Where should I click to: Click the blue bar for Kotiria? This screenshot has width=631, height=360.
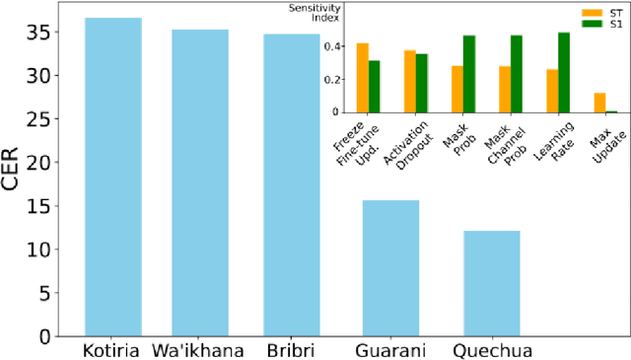113,178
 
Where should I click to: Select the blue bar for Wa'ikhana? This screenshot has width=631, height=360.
200,183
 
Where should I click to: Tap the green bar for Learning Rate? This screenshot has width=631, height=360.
564,72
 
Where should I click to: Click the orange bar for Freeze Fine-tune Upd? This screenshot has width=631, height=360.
363,78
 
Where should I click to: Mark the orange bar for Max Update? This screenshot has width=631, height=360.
599,103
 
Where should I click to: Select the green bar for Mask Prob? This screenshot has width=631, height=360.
469,74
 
